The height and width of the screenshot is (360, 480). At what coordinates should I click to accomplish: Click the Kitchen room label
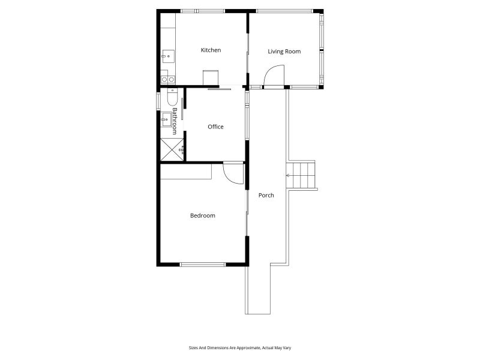tap(211, 50)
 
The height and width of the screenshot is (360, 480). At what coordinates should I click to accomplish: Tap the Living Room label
tap(284, 52)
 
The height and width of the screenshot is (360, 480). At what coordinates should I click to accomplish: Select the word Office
tap(215, 127)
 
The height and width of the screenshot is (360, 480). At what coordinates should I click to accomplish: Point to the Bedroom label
tap(202, 215)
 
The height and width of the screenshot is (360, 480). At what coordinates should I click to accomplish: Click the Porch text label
tap(266, 195)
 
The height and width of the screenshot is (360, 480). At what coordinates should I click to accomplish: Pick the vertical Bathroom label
tap(175, 120)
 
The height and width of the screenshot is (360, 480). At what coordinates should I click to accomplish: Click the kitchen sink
tap(167, 57)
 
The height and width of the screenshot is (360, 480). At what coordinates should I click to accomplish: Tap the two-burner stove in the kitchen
tap(167, 79)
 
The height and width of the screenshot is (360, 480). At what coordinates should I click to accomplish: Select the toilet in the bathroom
tap(172, 98)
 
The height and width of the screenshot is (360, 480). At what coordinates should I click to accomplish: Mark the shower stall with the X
tap(171, 149)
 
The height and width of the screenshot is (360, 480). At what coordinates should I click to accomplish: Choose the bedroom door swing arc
tap(233, 174)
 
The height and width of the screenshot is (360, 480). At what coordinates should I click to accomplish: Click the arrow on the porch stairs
tap(289, 175)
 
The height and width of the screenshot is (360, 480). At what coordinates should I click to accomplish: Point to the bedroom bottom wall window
tap(203, 264)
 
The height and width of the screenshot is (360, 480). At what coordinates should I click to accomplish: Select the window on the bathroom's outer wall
tap(158, 101)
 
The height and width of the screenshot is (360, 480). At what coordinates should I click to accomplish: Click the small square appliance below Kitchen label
tap(211, 79)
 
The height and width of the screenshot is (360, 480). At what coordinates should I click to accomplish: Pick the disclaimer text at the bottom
tap(239, 347)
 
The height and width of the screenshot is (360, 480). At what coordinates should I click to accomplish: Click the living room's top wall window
tap(284, 11)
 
